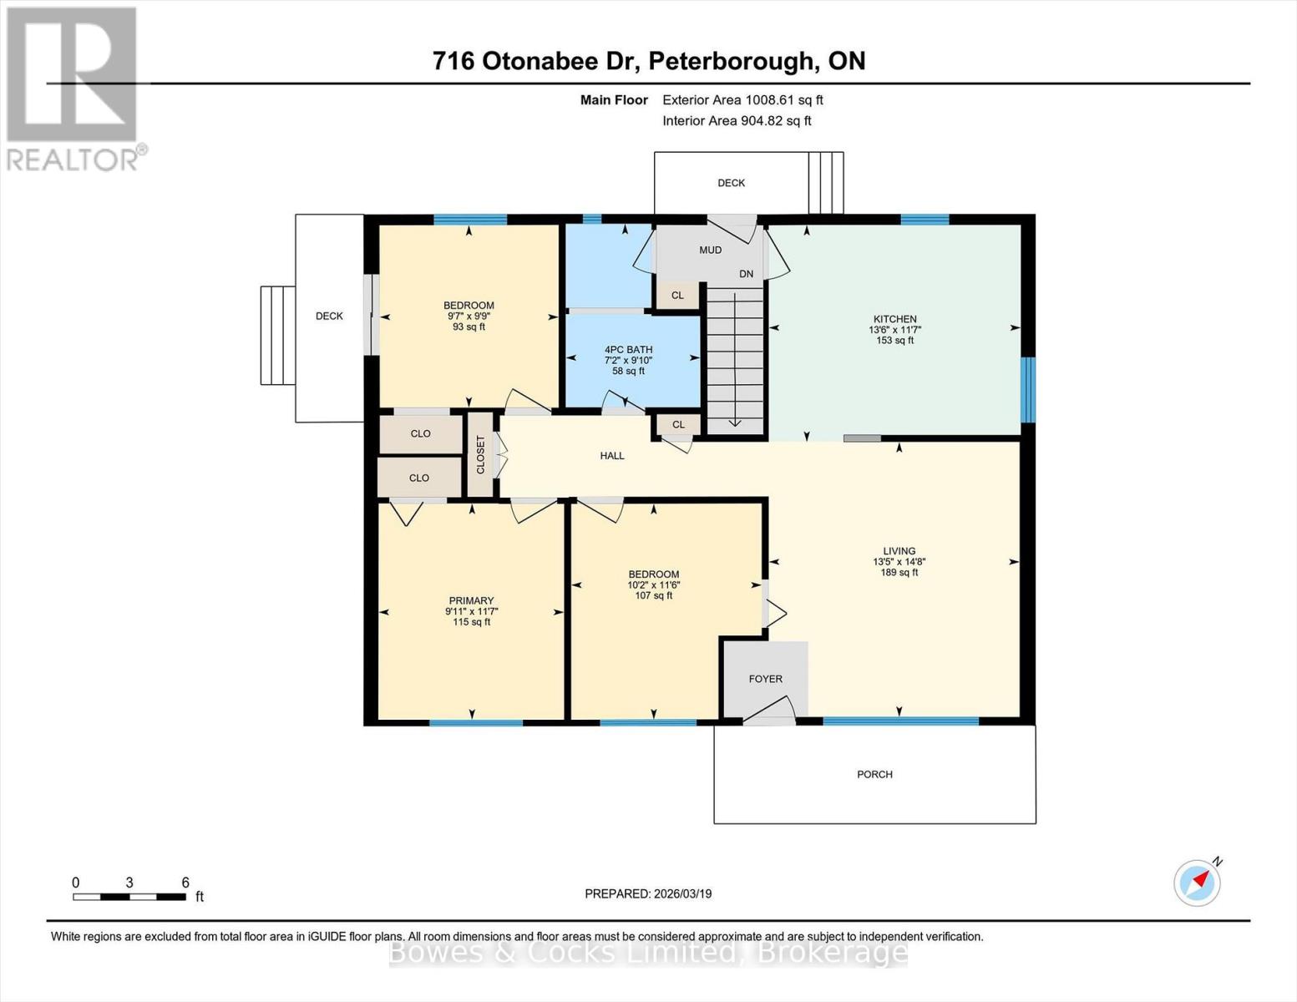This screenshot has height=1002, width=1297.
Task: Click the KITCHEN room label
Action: [x=894, y=319]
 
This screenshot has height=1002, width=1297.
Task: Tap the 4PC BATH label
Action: [x=628, y=350]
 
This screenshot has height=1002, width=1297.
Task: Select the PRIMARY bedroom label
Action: [x=471, y=600]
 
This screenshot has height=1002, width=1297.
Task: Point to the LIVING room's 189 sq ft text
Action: [x=899, y=572]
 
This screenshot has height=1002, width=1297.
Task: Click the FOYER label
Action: [x=765, y=679]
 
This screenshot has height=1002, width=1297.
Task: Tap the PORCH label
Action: [x=874, y=774]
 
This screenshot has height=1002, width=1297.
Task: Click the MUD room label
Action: [x=710, y=250]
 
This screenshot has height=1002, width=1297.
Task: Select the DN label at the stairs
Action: [x=746, y=274]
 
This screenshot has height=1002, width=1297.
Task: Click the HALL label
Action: [x=611, y=456]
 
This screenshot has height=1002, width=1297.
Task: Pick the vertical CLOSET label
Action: [x=480, y=455]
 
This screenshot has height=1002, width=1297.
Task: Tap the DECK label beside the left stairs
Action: [x=329, y=316]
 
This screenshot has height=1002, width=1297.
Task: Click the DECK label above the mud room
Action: [x=731, y=183]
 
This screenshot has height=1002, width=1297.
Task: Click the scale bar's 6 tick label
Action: [x=185, y=883]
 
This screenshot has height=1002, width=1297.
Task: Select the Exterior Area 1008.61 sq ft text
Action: [x=742, y=99]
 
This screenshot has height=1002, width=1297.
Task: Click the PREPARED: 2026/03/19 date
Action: [x=648, y=893]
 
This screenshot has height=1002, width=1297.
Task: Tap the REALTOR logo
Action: [x=73, y=88]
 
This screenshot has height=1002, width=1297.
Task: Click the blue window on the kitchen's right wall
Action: [x=1029, y=389]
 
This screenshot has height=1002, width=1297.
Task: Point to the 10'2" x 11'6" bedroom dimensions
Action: [x=653, y=584]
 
